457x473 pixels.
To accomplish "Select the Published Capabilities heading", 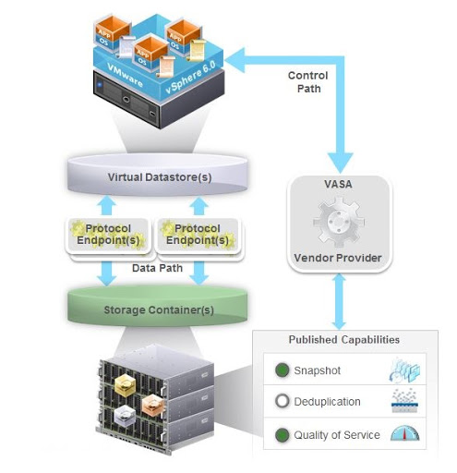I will point(343,339).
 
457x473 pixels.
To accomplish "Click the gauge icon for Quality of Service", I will point(405,434).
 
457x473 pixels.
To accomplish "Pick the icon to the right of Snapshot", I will point(405,370).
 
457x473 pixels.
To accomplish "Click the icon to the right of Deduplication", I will point(405,402).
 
